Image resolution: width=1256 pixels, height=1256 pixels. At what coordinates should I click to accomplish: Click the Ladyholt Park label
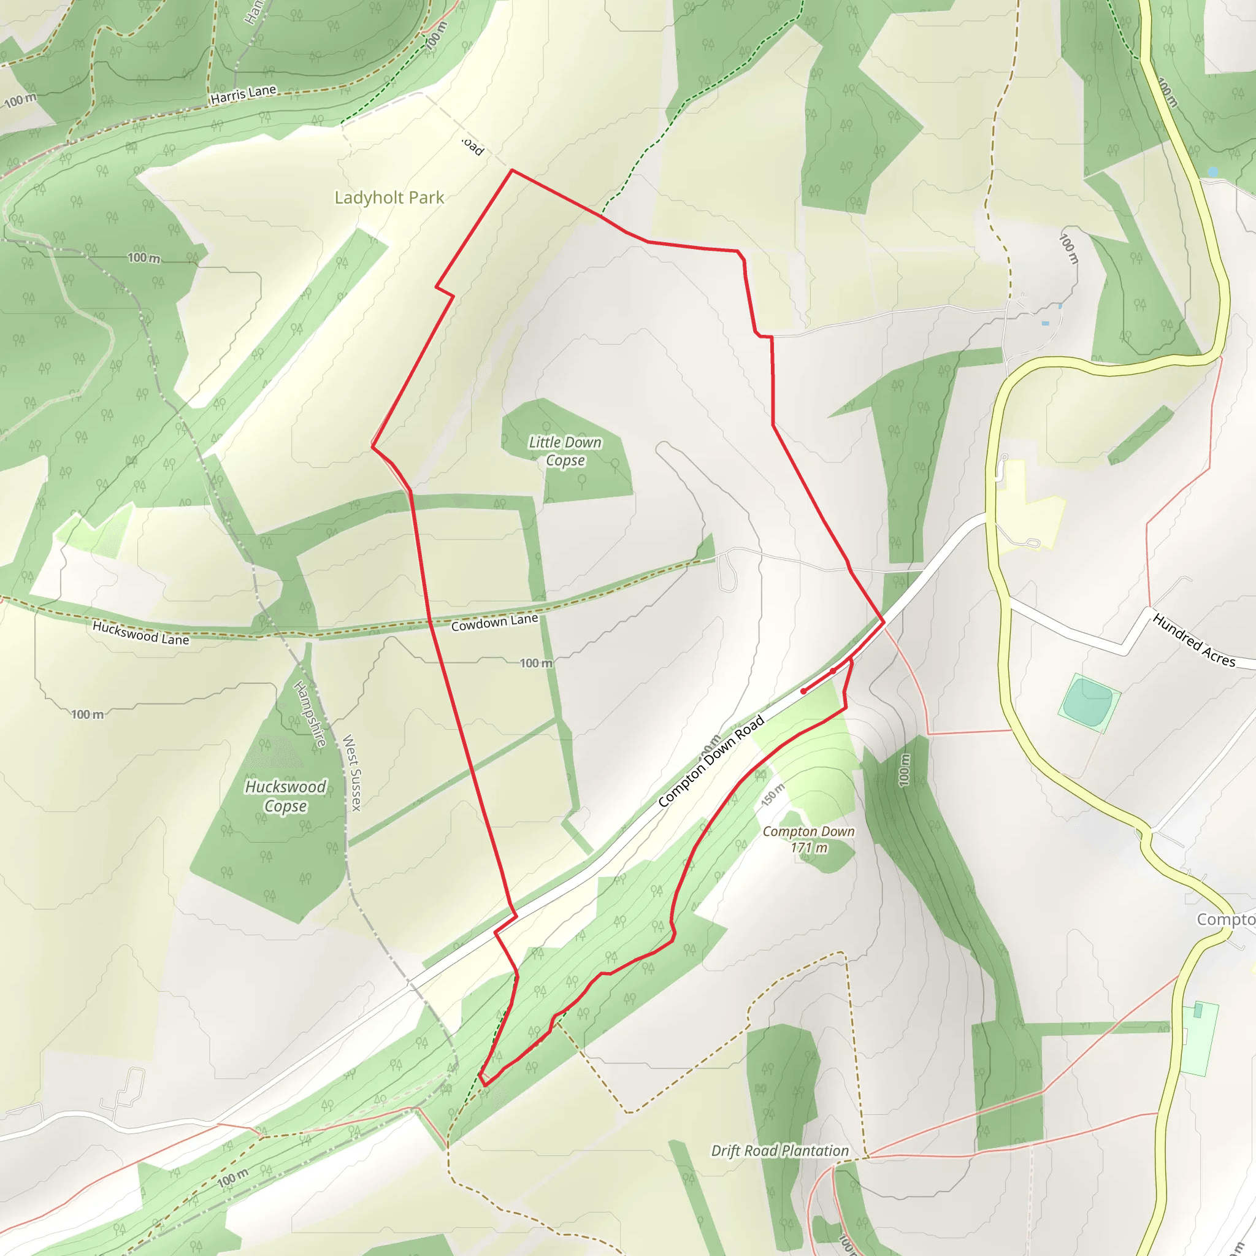(389, 197)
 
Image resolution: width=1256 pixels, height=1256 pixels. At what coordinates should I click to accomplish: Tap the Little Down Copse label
(565, 451)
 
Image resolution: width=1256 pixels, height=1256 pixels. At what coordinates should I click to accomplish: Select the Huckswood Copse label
(285, 797)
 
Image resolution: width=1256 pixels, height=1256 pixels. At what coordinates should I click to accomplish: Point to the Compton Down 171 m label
(808, 840)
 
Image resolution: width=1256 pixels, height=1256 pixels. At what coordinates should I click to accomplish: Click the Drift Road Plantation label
(779, 1151)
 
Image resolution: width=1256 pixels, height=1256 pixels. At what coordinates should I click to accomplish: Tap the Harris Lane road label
(243, 95)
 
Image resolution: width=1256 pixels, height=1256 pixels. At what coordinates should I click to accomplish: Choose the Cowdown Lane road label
(494, 622)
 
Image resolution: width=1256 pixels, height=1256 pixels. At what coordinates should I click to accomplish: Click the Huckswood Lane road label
(140, 632)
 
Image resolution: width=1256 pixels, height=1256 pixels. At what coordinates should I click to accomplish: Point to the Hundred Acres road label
(1193, 640)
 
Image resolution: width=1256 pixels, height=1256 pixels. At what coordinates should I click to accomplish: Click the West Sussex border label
(351, 772)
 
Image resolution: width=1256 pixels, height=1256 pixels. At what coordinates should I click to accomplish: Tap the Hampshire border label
(311, 714)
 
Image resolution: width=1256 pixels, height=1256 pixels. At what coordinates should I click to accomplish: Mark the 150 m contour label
(773, 794)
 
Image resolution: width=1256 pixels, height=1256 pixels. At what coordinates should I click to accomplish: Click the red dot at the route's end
(803, 691)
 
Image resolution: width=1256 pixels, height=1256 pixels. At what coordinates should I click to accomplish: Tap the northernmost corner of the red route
(512, 170)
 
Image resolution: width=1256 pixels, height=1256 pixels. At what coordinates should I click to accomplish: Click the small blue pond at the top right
(1212, 172)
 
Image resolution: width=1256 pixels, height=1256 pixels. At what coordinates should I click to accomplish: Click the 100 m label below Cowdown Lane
(535, 663)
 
